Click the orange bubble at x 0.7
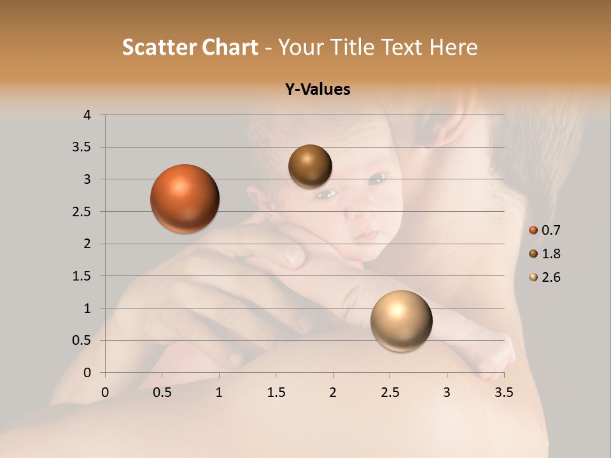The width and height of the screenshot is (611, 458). tap(185, 198)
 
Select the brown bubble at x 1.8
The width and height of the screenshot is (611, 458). tap(310, 166)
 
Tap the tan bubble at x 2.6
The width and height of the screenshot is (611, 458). tap(401, 321)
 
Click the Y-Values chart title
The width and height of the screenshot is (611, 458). tap(317, 90)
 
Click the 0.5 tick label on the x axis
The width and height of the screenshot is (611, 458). tap(162, 392)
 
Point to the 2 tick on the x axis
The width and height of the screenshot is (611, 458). tap(333, 392)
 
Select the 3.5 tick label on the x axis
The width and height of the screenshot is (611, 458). tap(503, 392)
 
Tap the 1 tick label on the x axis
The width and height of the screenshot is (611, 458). tap(219, 392)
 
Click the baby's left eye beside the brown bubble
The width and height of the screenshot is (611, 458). tap(327, 193)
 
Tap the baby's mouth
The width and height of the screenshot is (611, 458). tap(365, 235)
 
